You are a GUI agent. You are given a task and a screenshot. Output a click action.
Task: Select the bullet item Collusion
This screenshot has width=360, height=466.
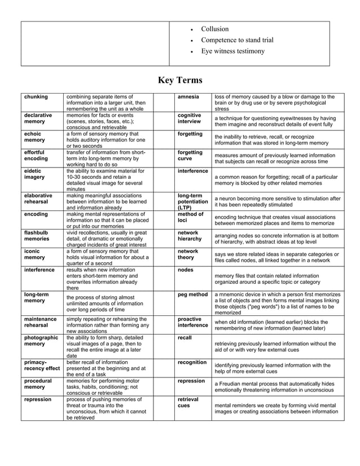tap(215, 29)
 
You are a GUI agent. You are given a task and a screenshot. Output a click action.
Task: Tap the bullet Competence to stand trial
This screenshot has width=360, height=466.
tap(237, 40)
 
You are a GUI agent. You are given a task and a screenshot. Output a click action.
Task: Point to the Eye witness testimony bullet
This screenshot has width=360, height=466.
tap(232, 51)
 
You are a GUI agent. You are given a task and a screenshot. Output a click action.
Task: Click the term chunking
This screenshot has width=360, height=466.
tap(36, 97)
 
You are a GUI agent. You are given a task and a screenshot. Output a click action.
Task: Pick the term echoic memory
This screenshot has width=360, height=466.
tap(34, 137)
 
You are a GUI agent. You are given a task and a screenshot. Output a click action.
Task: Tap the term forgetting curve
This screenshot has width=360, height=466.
tap(190, 156)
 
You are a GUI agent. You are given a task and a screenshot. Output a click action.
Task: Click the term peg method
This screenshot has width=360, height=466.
tap(192, 294)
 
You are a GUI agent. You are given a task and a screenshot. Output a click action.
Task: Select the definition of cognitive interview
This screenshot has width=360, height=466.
tap(275, 121)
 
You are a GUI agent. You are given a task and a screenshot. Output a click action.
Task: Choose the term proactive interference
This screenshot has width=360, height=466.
tap(192, 322)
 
